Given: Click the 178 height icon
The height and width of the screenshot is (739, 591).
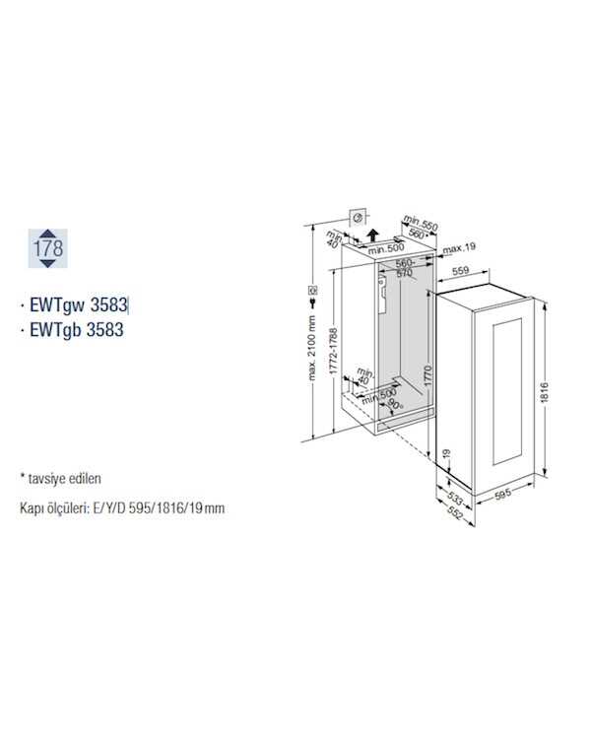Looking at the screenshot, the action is (47, 248).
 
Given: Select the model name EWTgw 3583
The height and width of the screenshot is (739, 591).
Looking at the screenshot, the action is (79, 304).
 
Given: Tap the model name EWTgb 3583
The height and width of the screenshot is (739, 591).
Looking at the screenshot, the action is (77, 329).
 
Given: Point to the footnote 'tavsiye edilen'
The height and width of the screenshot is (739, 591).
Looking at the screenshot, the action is (65, 478).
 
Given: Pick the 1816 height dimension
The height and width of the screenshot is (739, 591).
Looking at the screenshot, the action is (545, 392).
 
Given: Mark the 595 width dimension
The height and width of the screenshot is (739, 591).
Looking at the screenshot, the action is (503, 495).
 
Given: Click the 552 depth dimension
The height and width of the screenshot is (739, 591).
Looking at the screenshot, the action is (454, 512).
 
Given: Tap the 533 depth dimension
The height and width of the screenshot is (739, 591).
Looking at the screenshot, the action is (455, 498).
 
